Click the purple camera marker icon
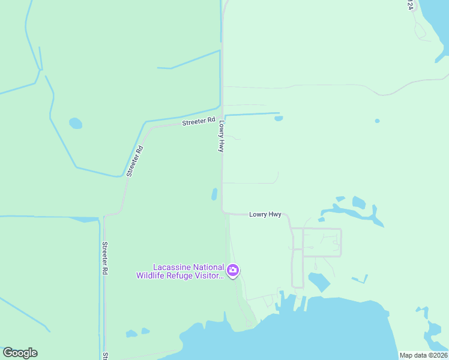pos(233,271)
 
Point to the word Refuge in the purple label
pos(183,275)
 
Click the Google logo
pos(20,353)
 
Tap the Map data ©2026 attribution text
pos(423,355)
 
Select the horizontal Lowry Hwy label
pos(265,214)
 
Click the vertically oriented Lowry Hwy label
pos(221,137)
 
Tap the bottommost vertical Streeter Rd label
pos(104,258)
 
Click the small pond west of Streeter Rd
pos(76,124)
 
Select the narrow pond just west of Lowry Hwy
pos(214,194)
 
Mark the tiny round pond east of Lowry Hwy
pos(377,121)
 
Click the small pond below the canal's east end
pos(279,118)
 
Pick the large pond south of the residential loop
pos(319,281)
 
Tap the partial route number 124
pos(411,4)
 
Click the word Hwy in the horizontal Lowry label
pos(274,214)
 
